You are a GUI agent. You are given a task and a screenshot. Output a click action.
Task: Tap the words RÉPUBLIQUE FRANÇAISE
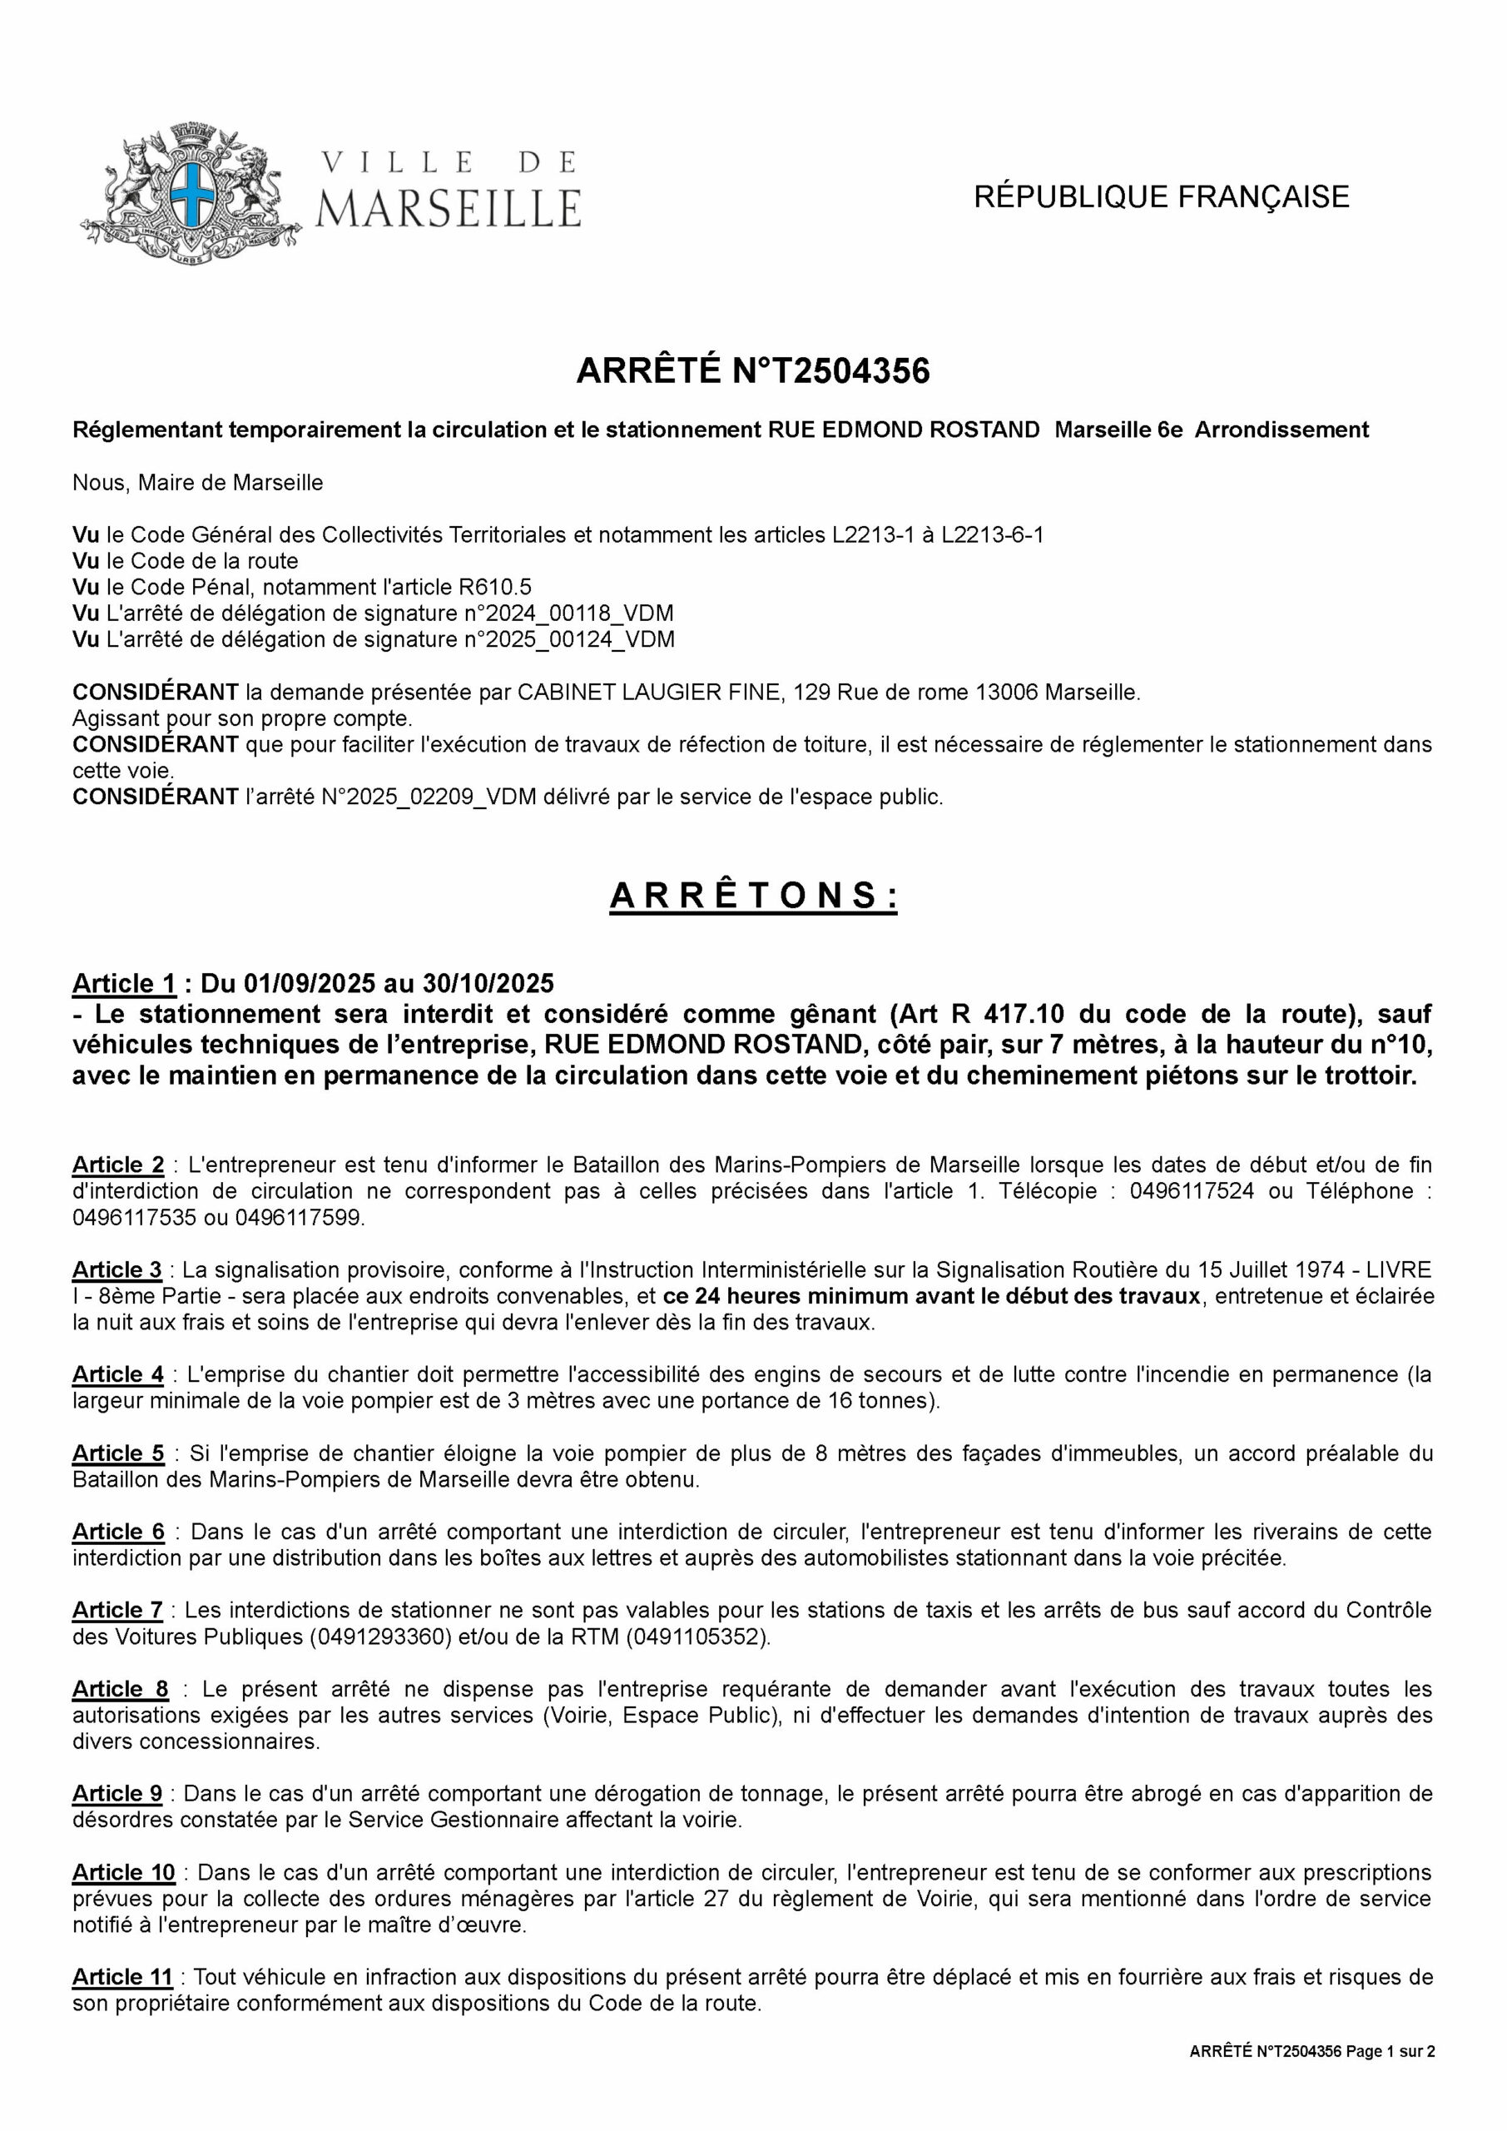click(1161, 196)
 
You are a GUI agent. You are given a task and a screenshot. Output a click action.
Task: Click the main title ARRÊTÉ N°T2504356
click(752, 371)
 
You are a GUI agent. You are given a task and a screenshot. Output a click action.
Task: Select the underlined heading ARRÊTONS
click(752, 897)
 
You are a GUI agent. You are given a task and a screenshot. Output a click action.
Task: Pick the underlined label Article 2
click(118, 1165)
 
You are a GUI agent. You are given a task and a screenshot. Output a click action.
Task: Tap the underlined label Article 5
click(118, 1453)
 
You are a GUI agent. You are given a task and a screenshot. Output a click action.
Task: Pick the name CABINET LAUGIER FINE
click(647, 693)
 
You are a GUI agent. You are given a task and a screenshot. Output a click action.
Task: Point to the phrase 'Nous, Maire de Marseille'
click(198, 483)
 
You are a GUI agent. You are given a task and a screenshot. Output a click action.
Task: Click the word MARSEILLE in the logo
click(449, 208)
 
